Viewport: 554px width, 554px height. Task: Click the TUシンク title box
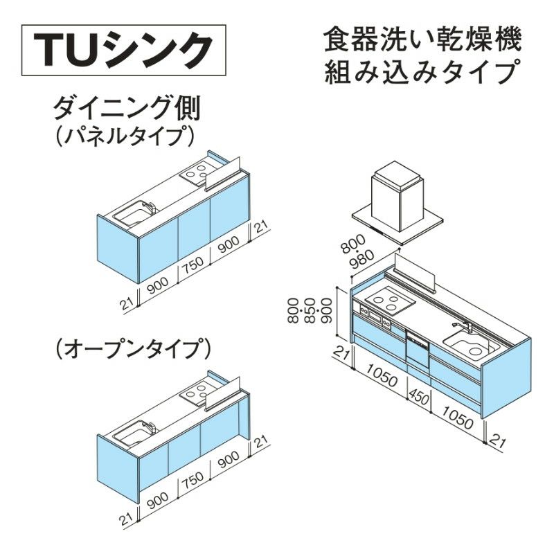[124, 50]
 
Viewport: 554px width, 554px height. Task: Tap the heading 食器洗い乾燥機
[423, 42]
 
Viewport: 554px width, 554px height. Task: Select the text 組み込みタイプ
[423, 72]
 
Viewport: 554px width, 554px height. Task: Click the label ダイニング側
[127, 109]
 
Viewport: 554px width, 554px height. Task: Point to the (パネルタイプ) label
[125, 136]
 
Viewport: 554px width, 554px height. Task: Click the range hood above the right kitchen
[397, 204]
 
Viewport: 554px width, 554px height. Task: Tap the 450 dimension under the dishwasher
[420, 396]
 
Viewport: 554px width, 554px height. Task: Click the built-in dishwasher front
[418, 349]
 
